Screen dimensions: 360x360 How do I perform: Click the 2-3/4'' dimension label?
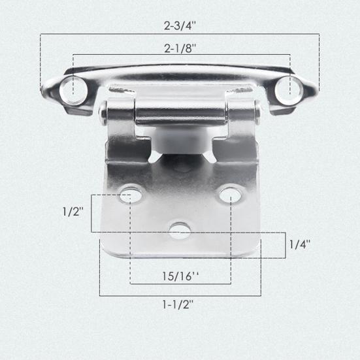pyautogui.click(x=180, y=25)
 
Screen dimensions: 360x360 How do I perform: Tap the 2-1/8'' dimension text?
pyautogui.click(x=180, y=48)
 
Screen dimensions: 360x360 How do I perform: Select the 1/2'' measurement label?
pyautogui.click(x=73, y=212)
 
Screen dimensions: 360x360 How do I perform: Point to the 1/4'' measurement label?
pyautogui.click(x=300, y=244)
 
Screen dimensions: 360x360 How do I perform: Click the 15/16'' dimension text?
pyautogui.click(x=180, y=276)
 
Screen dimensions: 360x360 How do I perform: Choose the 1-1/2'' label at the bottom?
pyautogui.click(x=178, y=304)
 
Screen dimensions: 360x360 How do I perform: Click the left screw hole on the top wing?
pyautogui.click(x=73, y=90)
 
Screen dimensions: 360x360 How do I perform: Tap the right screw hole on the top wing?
pyautogui.click(x=289, y=90)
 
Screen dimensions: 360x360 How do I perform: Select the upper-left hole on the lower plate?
pyautogui.click(x=131, y=195)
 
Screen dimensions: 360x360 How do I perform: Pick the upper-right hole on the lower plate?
pyautogui.click(x=230, y=195)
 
